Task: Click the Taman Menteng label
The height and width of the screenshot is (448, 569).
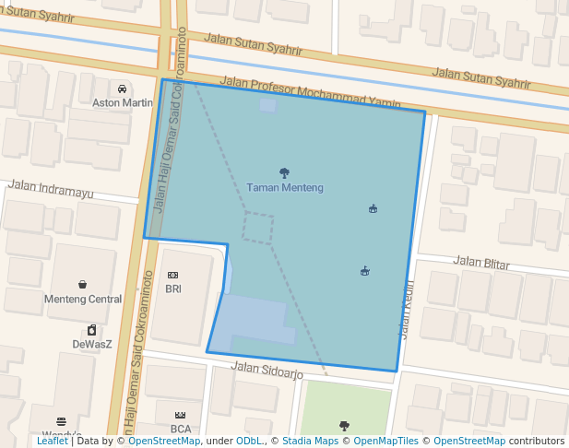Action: click(285, 188)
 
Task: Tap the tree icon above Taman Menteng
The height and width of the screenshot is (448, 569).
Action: click(284, 172)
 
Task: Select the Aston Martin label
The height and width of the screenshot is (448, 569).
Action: click(123, 103)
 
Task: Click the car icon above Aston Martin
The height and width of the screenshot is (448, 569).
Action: click(123, 88)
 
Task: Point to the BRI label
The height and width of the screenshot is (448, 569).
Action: click(173, 289)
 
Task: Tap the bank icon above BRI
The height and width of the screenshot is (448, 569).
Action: click(172, 276)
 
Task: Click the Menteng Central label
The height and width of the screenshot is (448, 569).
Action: click(83, 300)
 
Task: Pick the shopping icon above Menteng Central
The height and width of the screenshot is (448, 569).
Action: click(83, 285)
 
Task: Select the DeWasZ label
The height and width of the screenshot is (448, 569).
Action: click(92, 345)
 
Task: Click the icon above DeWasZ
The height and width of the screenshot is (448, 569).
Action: click(92, 330)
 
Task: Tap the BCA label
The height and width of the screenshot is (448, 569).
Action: click(181, 429)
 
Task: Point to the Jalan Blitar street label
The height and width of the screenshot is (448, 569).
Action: click(481, 264)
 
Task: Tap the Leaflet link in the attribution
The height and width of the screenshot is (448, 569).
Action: click(52, 441)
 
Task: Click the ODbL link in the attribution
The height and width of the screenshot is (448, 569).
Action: click(250, 441)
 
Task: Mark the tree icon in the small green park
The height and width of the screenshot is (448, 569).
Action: click(344, 425)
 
